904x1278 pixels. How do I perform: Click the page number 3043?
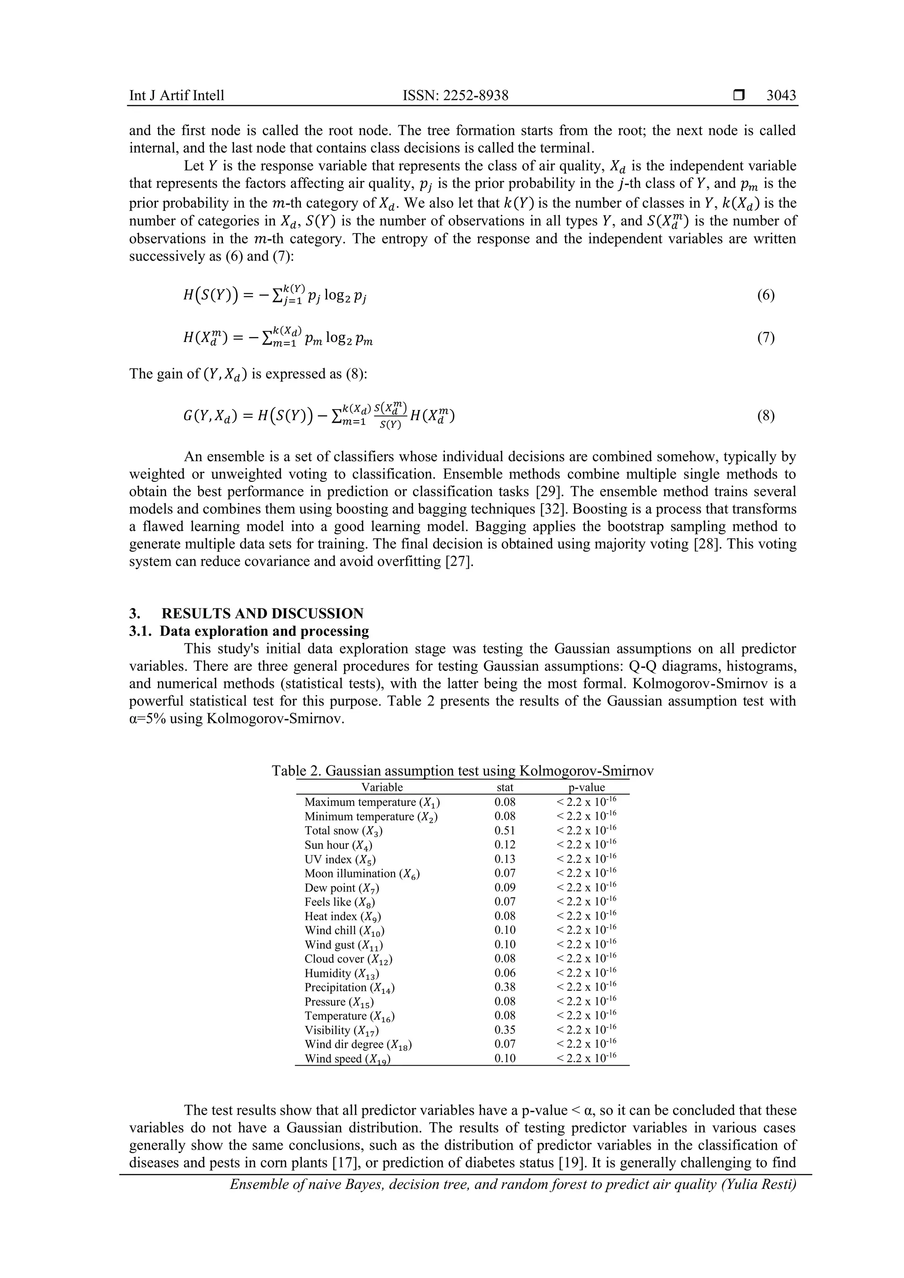(781, 95)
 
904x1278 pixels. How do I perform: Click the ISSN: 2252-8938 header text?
(456, 95)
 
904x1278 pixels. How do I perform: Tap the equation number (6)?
(766, 295)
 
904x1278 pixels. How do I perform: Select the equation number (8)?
(766, 416)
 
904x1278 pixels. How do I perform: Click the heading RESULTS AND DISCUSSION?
(262, 613)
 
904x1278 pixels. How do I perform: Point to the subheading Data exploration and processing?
(265, 631)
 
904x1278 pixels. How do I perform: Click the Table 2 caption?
(462, 771)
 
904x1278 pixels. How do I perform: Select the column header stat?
(505, 787)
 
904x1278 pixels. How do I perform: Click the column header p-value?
(586, 787)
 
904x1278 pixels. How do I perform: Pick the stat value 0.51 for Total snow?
(505, 831)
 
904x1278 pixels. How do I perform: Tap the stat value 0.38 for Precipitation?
(505, 987)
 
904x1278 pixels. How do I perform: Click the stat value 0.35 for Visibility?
(505, 1030)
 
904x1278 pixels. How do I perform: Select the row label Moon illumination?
(362, 874)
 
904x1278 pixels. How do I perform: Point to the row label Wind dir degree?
(358, 1044)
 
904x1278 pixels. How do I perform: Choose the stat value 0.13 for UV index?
(505, 859)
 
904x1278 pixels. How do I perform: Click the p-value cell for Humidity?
(586, 973)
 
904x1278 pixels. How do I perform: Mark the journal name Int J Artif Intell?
(177, 95)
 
